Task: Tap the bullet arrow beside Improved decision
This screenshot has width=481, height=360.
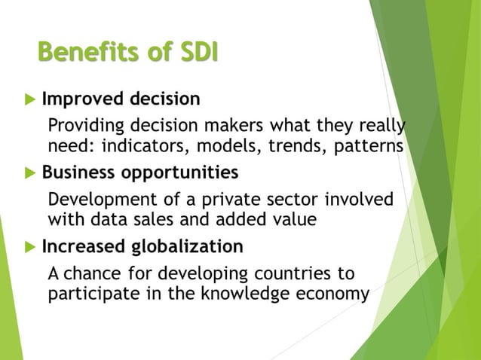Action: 29,99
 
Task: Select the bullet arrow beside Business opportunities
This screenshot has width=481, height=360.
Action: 29,173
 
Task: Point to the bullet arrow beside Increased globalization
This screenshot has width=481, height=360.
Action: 29,247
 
